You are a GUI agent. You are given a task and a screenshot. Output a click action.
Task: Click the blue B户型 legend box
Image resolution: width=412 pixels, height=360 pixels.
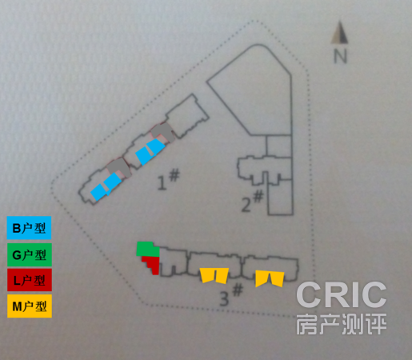tap(29, 228)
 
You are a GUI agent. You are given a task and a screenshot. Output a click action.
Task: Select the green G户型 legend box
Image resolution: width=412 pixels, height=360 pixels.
tap(30, 254)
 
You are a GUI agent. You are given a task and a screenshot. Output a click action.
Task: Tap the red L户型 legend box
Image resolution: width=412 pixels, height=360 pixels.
tap(30, 280)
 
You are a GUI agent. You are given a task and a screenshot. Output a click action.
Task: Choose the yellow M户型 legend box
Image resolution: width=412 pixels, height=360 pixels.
tap(30, 306)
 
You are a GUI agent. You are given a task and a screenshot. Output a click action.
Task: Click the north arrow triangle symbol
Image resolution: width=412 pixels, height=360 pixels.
tap(340, 33)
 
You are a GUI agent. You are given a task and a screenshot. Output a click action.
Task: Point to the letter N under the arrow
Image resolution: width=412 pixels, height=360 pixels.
tap(341, 56)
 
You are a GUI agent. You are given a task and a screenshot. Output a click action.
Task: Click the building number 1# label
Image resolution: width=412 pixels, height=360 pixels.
tap(169, 179)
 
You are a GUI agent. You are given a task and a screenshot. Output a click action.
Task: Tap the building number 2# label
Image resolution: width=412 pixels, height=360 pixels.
tap(252, 201)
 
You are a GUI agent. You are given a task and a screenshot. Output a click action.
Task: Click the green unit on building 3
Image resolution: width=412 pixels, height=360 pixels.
tap(146, 250)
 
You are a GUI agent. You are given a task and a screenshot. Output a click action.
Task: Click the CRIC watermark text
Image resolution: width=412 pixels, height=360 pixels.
tap(342, 294)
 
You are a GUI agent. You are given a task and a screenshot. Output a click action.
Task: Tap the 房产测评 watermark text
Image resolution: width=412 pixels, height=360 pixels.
tap(342, 324)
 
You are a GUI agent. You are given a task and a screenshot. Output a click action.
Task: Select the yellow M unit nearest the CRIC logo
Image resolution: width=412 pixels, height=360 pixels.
tap(270, 278)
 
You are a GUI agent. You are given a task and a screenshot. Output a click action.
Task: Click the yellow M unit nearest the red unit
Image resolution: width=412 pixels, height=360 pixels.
tap(214, 275)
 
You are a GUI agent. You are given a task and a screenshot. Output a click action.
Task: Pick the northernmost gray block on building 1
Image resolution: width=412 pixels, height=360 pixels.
tap(163, 132)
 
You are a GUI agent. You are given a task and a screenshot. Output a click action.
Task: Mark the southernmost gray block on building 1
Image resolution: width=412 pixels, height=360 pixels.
tap(119, 166)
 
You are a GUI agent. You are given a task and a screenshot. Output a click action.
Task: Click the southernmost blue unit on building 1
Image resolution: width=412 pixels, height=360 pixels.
tap(98, 192)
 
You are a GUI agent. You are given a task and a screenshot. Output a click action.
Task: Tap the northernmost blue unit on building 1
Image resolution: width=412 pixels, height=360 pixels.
tap(156, 146)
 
